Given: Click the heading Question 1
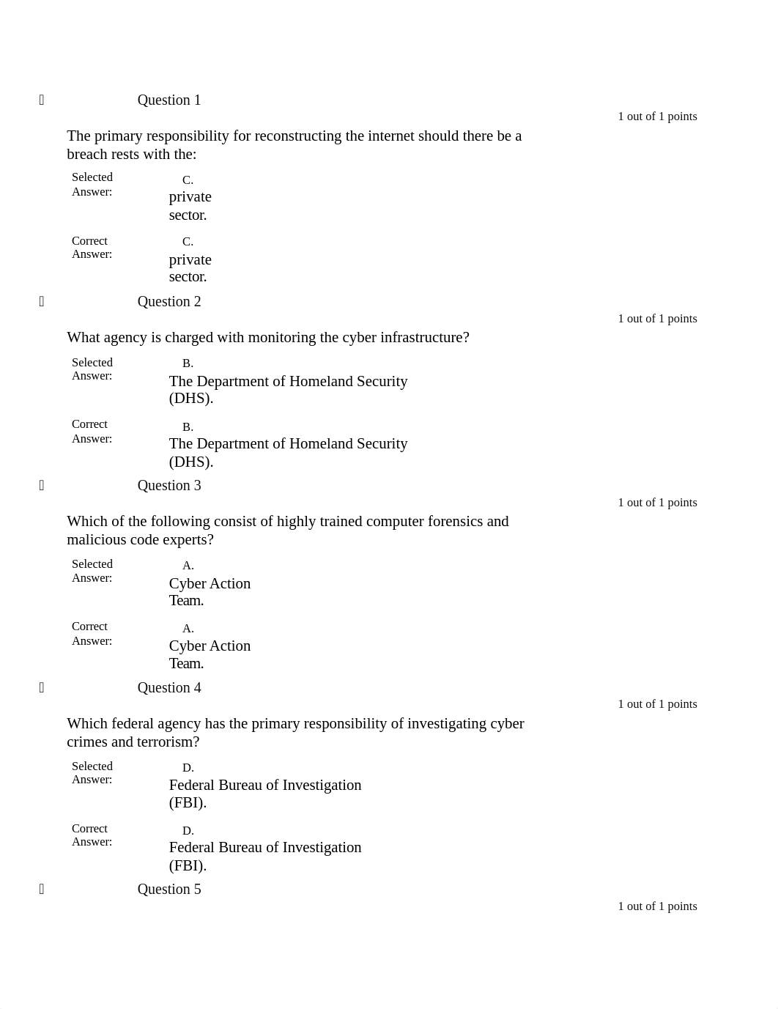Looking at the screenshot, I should [x=168, y=100].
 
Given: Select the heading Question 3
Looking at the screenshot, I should [x=168, y=486].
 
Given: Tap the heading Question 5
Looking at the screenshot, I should [x=168, y=890].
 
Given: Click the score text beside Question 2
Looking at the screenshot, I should [x=657, y=319].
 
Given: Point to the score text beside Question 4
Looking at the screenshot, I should [x=657, y=704].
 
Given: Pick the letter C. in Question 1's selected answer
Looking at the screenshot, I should [x=188, y=180].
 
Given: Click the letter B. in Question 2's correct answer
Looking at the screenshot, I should [x=188, y=427].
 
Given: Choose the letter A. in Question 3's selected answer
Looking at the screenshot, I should [x=188, y=566].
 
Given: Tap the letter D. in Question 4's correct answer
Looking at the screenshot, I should [x=188, y=831].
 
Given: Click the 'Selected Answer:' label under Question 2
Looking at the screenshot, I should [x=92, y=369].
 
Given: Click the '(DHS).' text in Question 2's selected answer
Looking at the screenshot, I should [x=190, y=399].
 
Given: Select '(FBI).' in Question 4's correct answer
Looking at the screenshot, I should [x=188, y=866].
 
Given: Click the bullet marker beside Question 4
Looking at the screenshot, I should [x=42, y=687].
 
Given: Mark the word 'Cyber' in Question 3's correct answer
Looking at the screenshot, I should [x=188, y=646].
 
